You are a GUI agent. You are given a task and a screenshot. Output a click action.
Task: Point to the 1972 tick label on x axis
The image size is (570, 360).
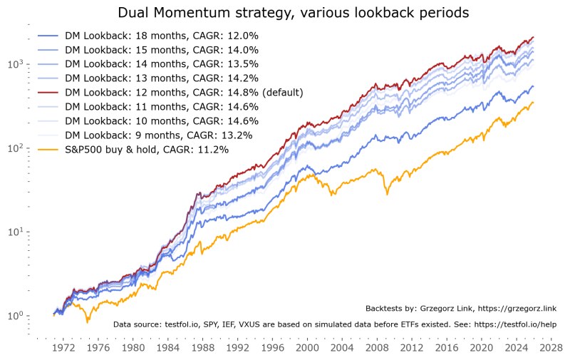click(x=63, y=348)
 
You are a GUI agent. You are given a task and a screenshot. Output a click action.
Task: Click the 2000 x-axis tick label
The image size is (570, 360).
click(x=307, y=348)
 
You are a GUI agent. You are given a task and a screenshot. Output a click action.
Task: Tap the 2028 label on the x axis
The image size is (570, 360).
click(x=551, y=348)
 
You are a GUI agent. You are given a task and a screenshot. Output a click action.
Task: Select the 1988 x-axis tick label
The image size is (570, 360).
click(x=202, y=348)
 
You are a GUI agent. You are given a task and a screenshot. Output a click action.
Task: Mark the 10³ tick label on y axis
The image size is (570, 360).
click(x=16, y=64)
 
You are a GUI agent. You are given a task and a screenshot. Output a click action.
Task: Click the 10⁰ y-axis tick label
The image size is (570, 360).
click(x=16, y=315)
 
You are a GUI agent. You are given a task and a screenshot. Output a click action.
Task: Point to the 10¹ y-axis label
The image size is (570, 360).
click(x=16, y=232)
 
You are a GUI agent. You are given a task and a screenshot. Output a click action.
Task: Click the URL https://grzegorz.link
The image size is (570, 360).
click(x=517, y=309)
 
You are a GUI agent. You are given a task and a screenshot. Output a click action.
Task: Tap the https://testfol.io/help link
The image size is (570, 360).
click(x=515, y=324)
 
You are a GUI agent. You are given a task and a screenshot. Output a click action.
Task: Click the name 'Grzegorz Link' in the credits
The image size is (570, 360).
click(x=447, y=309)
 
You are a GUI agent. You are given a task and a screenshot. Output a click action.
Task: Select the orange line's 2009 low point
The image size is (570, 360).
click(x=387, y=195)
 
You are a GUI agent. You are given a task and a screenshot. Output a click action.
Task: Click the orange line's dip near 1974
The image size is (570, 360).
click(x=87, y=322)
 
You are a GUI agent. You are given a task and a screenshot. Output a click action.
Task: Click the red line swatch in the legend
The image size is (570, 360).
click(x=48, y=93)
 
